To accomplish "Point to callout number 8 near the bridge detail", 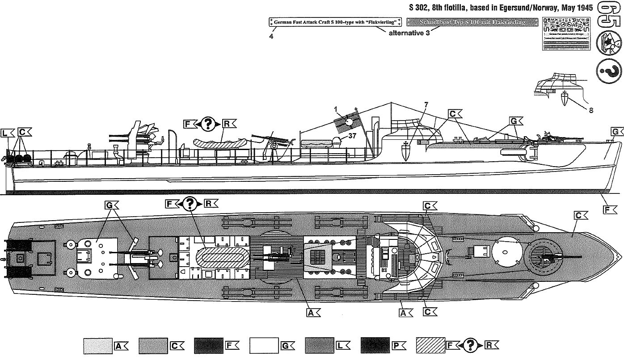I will pyautogui.click(x=591, y=110).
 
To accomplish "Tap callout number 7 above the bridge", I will pyautogui.click(x=426, y=105).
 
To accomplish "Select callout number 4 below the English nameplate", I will pyautogui.click(x=271, y=36).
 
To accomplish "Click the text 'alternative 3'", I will pyautogui.click(x=409, y=33).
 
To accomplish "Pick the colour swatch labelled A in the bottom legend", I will pyautogui.click(x=98, y=345).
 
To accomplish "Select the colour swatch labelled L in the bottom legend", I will pyautogui.click(x=320, y=345).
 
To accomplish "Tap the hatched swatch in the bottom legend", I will pyautogui.click(x=430, y=345).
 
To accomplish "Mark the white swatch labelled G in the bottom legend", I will pyautogui.click(x=264, y=345).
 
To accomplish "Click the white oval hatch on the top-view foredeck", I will pyautogui.click(x=506, y=251).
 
